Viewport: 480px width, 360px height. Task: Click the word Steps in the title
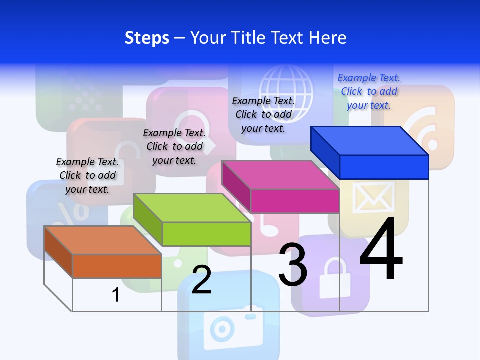pos(147,38)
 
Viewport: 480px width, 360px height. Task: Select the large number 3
pos(293,265)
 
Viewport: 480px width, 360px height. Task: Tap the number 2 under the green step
pos(201,279)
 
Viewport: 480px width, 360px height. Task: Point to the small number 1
pos(116,295)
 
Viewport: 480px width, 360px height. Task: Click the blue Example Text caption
pos(369,91)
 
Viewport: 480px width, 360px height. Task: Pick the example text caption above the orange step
pos(87,175)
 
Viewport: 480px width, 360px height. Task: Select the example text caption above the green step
pos(174,146)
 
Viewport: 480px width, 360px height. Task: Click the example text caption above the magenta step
pos(263,114)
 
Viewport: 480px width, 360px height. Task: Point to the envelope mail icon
pos(373,196)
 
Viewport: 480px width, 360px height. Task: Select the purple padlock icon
pos(331,275)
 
